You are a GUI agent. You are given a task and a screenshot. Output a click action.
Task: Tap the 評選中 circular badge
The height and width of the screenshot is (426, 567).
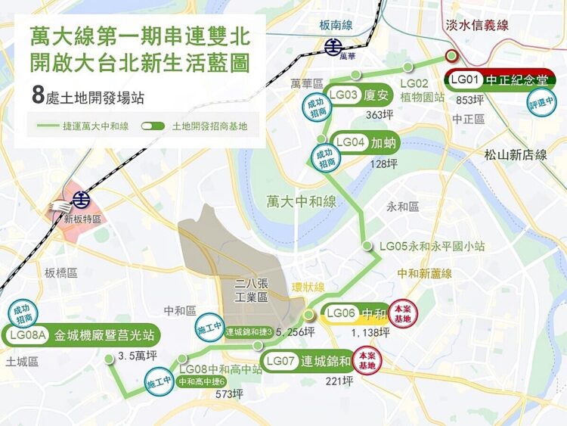pos(541,102)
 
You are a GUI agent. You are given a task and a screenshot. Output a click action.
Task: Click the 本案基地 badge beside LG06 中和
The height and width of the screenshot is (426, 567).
pos(402,314)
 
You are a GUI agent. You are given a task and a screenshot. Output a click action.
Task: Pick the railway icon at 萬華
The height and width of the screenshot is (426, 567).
pos(333,47)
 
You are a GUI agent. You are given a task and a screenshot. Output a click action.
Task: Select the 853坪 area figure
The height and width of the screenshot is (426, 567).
pos(469,100)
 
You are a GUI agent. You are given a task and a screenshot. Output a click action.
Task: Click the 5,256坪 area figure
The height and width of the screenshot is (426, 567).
pos(296,331)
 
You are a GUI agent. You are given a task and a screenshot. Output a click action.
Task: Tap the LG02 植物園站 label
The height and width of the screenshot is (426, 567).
pos(423,90)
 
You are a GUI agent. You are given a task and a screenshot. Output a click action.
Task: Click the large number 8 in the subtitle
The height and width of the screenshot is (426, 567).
pos(38,96)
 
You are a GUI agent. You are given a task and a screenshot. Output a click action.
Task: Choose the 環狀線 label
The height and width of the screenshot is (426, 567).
pos(308,288)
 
